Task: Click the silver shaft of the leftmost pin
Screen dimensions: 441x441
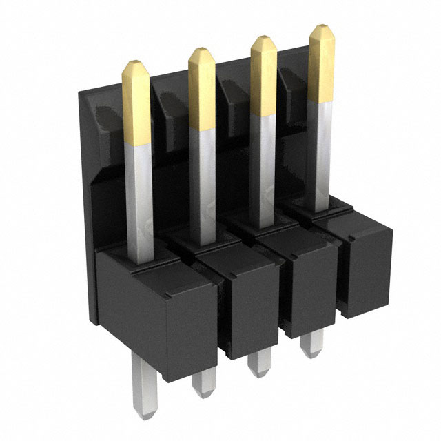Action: (139, 200)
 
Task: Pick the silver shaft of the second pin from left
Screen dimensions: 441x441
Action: (203, 186)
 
